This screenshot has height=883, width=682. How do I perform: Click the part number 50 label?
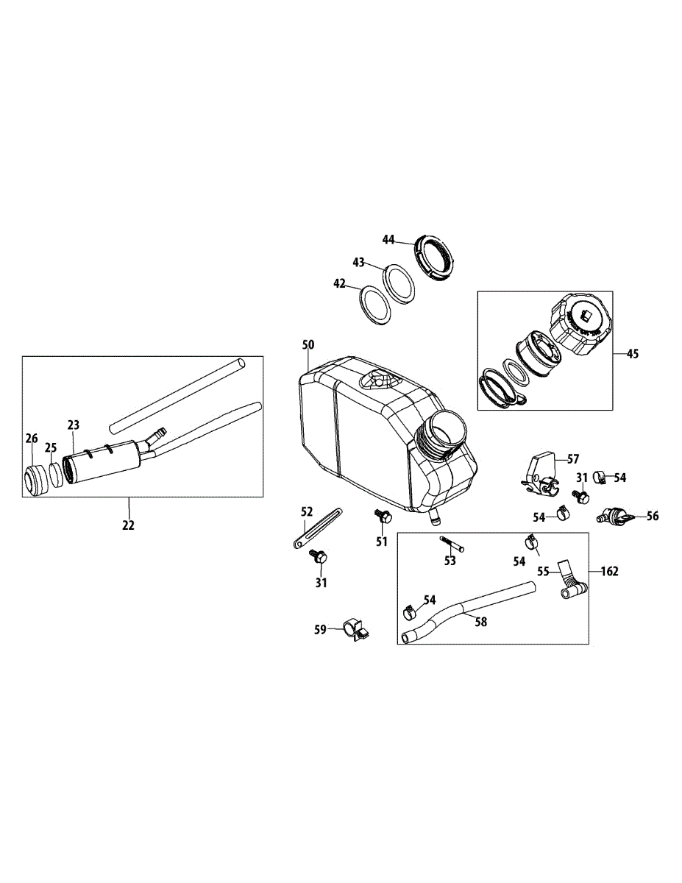point(308,344)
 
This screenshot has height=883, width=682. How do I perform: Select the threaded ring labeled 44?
point(435,257)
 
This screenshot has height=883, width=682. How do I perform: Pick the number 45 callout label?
point(633,354)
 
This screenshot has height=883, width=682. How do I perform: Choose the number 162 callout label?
point(610,571)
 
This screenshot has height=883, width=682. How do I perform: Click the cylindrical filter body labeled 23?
point(103,463)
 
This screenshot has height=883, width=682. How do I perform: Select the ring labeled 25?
point(56,475)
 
